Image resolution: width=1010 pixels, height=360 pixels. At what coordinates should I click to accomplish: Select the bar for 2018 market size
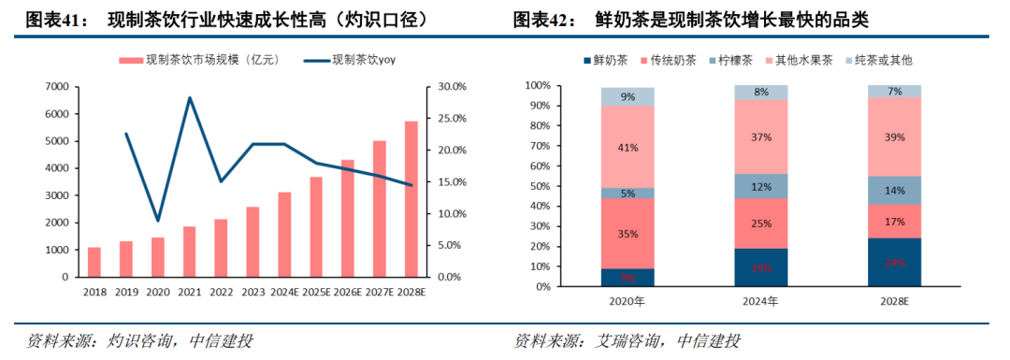(94, 262)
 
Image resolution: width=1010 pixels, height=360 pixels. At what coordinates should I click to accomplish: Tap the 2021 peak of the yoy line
(190, 97)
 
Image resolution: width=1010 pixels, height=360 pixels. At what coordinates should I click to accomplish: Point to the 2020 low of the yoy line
(158, 221)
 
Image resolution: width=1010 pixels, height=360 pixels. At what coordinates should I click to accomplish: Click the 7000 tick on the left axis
(55, 87)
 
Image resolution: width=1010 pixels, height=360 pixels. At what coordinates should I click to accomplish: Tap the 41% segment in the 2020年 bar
(628, 147)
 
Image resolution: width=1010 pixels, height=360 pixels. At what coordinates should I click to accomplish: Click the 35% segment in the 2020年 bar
(628, 234)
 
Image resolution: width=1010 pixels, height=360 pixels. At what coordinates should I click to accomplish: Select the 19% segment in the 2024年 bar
(761, 267)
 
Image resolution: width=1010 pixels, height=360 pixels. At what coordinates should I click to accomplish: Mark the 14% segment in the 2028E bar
(895, 190)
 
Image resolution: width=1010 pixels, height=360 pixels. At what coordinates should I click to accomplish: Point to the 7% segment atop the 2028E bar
(895, 92)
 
